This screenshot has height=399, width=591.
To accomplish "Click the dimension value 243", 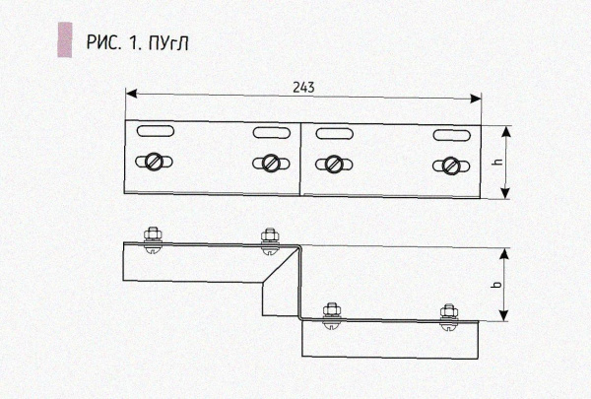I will (x=303, y=87).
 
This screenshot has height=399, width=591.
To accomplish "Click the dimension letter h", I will (x=498, y=163).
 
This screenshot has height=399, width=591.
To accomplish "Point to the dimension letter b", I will (x=498, y=286).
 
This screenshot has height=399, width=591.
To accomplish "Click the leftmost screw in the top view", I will (x=155, y=162).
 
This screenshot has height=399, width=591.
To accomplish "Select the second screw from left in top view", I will (x=269, y=162).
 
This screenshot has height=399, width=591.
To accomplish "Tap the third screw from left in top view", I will (x=335, y=163).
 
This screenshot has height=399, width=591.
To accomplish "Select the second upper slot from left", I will (x=268, y=131).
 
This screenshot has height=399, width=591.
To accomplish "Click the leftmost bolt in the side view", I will (x=153, y=237).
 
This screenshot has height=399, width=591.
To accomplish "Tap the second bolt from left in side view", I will (x=269, y=237).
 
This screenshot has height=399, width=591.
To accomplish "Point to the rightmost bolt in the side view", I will (x=450, y=311).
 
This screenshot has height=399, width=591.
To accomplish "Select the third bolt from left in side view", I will (x=332, y=311).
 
